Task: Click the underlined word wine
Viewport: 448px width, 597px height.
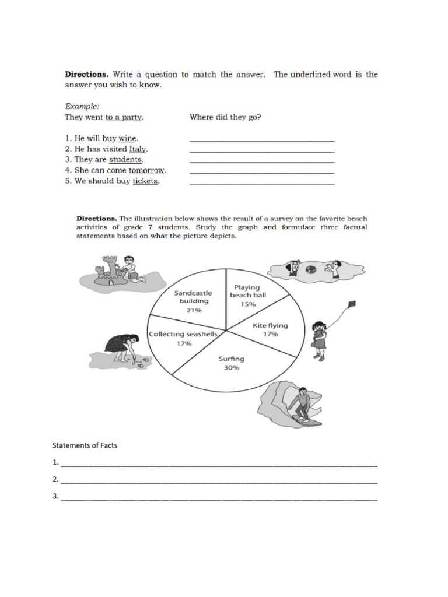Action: click(127, 138)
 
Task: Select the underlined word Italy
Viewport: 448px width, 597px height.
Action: click(138, 149)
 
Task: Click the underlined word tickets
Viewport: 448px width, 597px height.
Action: click(145, 181)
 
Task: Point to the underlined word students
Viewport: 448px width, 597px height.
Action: click(125, 159)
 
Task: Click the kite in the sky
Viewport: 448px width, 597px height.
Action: click(351, 305)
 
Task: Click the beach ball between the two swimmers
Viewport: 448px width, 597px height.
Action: click(311, 269)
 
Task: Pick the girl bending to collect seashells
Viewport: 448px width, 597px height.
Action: click(124, 347)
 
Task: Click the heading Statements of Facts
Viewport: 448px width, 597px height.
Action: click(85, 445)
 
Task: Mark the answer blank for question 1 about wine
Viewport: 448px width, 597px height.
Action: click(262, 139)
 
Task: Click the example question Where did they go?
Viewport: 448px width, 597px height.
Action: click(225, 117)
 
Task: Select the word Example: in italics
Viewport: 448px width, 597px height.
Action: click(82, 107)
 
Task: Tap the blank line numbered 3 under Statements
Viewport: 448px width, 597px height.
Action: click(219, 499)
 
